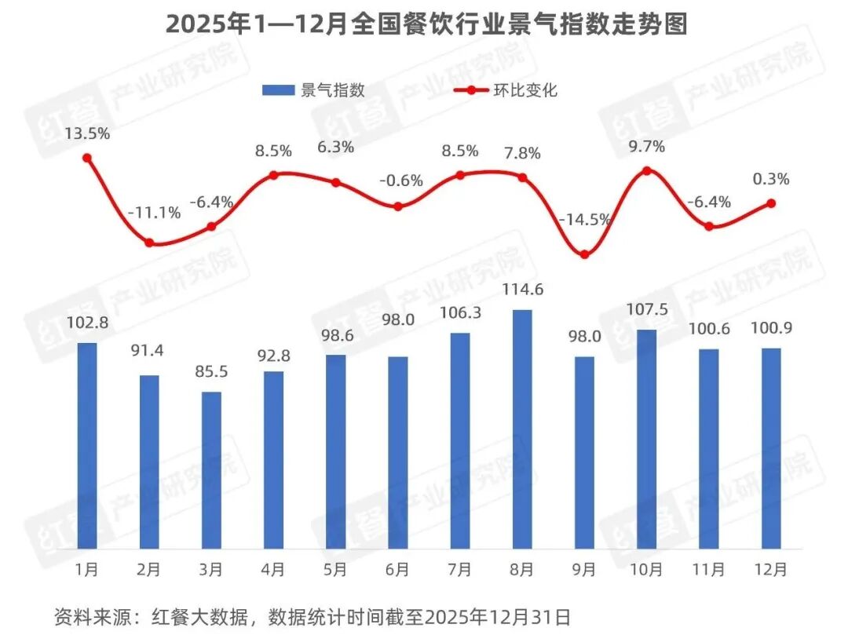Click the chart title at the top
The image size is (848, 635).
(x=426, y=24)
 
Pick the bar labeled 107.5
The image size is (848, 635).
(x=646, y=439)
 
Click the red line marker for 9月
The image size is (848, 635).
(x=584, y=254)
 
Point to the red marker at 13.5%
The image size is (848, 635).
(x=87, y=158)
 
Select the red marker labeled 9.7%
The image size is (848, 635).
(x=646, y=170)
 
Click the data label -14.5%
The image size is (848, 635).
(x=584, y=220)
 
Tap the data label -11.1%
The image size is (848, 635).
(x=154, y=212)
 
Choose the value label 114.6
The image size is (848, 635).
(x=522, y=290)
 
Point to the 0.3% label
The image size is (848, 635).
(x=770, y=179)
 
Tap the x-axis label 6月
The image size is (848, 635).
(x=398, y=569)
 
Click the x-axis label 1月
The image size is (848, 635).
(x=87, y=569)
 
